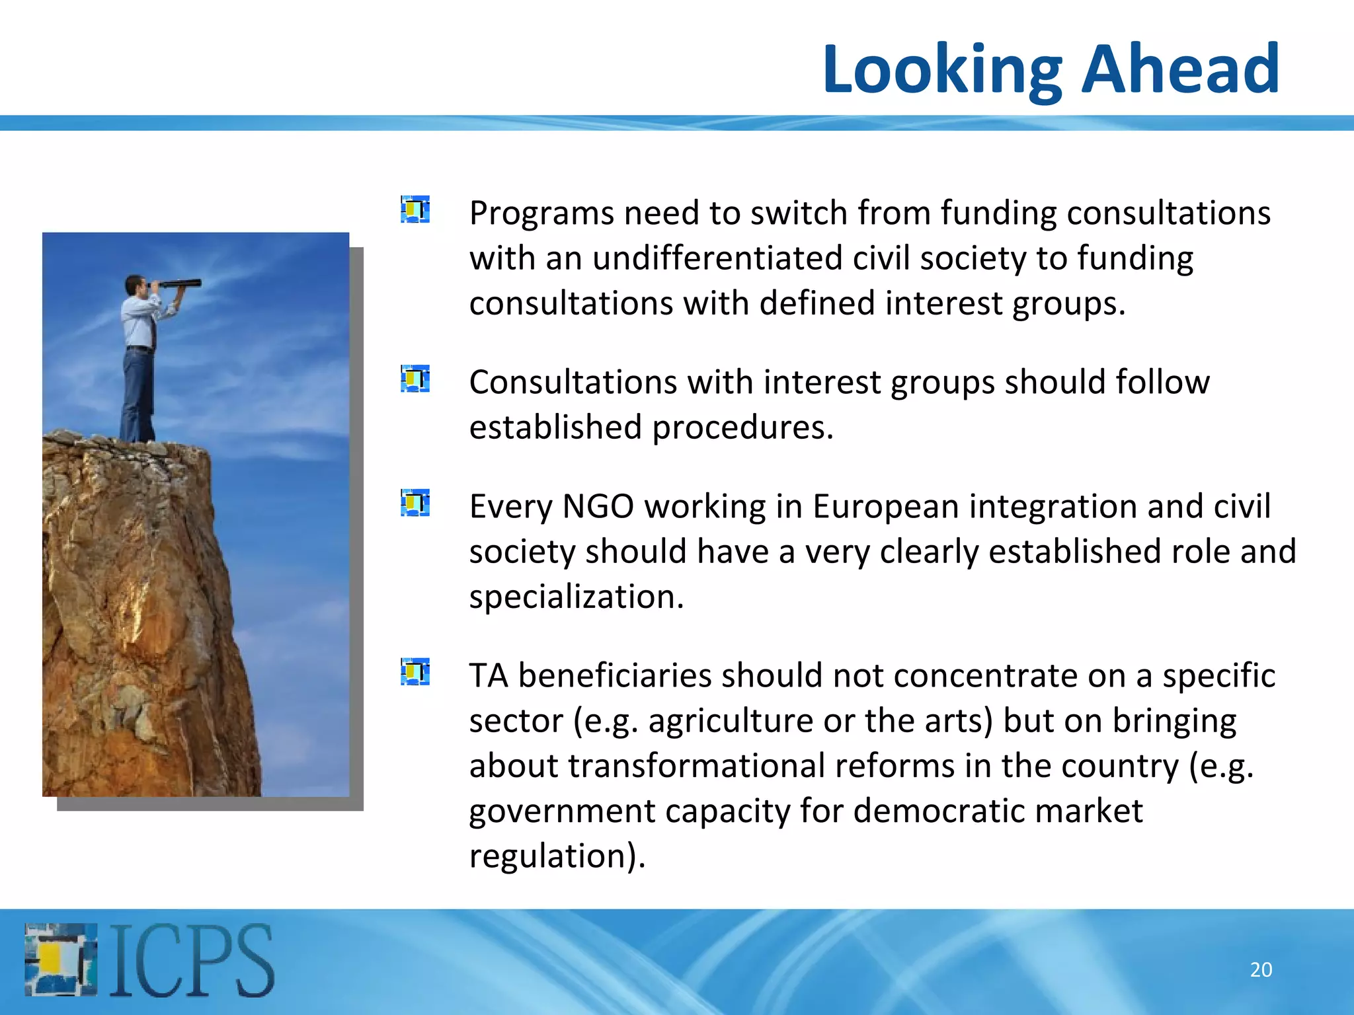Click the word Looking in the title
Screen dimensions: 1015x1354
click(941, 70)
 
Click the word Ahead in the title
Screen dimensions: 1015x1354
click(1181, 69)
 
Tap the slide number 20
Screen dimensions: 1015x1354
click(1261, 969)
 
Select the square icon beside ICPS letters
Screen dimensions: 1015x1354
click(61, 959)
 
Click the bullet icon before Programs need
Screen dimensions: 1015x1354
click(415, 209)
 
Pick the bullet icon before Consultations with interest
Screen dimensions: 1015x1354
click(415, 379)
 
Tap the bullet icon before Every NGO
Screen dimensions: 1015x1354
click(415, 503)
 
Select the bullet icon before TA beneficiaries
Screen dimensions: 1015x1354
click(415, 672)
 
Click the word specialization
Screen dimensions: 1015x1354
click(576, 597)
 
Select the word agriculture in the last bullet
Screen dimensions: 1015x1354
click(731, 721)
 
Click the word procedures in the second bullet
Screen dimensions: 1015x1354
click(742, 428)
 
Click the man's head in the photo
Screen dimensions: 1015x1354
click(136, 285)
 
